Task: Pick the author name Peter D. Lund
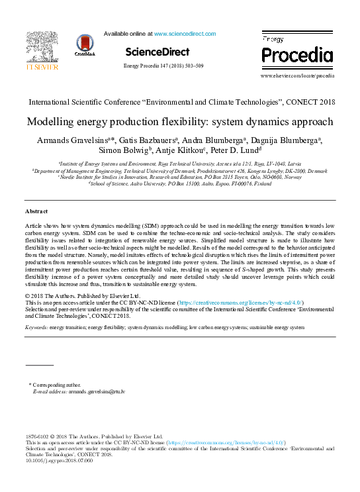238,152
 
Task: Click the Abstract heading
36,211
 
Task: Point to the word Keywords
35,327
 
